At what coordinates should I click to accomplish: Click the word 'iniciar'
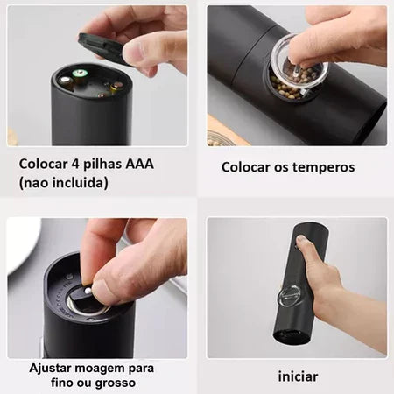298,377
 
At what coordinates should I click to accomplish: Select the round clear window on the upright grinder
291,295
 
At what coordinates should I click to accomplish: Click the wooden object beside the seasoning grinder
228,136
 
